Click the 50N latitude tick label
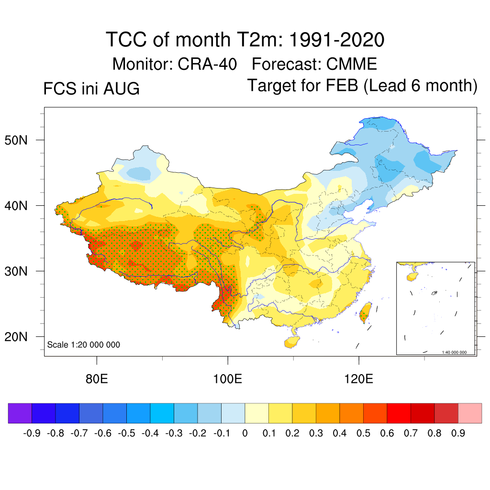(16, 140)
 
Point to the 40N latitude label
(16, 206)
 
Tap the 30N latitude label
(16, 271)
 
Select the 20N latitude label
(16, 337)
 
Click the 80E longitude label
(97, 379)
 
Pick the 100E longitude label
(227, 379)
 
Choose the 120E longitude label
(358, 379)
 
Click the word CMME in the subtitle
(352, 64)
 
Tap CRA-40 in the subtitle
(207, 64)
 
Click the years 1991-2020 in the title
(336, 40)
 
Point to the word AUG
(121, 89)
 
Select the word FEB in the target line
(342, 85)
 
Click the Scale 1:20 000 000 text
(83, 345)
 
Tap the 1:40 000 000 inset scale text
(454, 352)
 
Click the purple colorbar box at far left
(20, 413)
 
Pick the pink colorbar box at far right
(470, 413)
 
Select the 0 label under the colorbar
(245, 433)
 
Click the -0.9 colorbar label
(32, 433)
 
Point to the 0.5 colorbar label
(364, 433)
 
